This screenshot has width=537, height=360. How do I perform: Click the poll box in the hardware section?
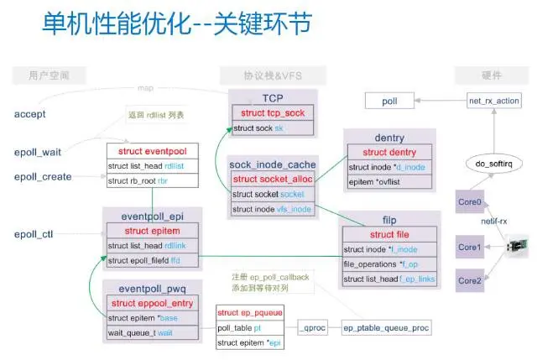pos(390,101)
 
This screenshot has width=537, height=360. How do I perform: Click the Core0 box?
pos(470,202)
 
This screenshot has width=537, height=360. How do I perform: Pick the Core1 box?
pos(470,248)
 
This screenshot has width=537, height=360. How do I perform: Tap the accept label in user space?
pos(30,113)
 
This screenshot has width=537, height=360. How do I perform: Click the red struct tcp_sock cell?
pos(272,113)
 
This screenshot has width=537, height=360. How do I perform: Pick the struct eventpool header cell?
pos(150,152)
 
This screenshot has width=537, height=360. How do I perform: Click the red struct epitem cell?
pos(150,230)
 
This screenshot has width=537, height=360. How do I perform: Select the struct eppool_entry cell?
pos(152,303)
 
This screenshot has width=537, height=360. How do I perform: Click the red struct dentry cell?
pos(390,152)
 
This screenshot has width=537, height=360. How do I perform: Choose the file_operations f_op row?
pos(388,264)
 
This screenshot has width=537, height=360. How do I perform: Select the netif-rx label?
pos(493,222)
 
